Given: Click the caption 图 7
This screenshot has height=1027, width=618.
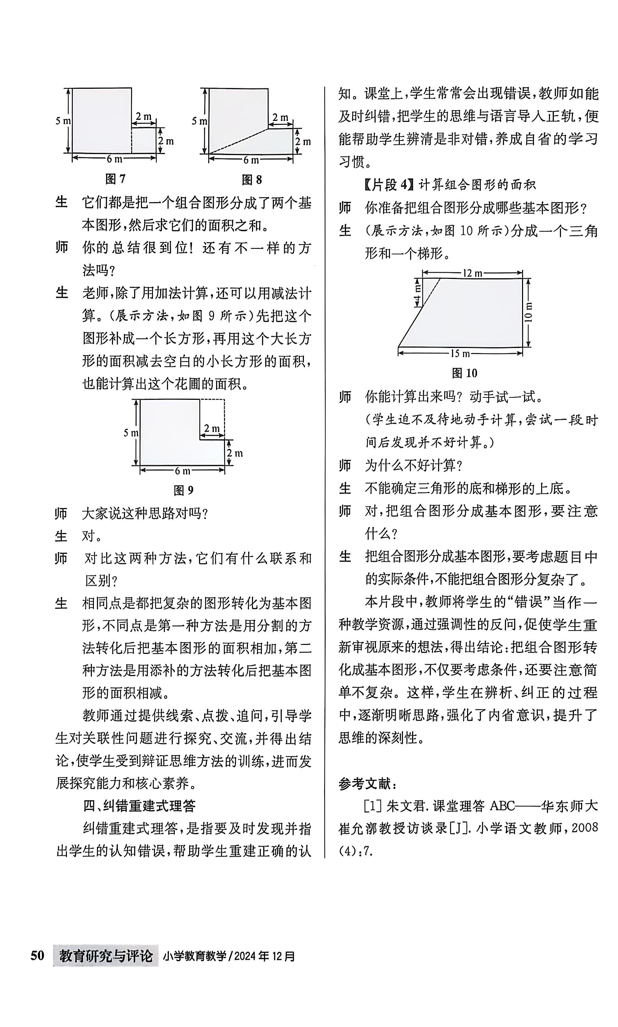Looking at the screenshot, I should (115, 179).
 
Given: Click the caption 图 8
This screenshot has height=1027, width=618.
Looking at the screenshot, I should (252, 180).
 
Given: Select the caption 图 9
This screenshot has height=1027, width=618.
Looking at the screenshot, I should (183, 490).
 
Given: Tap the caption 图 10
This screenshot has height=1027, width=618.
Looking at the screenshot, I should (464, 373).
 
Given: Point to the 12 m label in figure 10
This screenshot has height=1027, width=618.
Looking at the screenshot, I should (472, 273).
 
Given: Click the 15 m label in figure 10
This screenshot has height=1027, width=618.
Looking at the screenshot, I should (460, 353).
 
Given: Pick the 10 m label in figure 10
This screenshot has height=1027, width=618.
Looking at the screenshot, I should (529, 312).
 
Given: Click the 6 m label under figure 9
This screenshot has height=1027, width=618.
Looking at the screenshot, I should (182, 471).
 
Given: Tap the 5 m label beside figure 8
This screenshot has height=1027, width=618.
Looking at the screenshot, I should (199, 121).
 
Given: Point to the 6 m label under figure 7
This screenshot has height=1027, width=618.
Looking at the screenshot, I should (114, 159).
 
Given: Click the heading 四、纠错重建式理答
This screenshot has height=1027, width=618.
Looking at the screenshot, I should (139, 806).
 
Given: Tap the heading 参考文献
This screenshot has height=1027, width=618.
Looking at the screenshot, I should (367, 784).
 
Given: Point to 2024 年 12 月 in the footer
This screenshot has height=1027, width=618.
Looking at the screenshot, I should (264, 956).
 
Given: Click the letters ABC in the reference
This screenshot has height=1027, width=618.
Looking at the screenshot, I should (502, 806).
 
